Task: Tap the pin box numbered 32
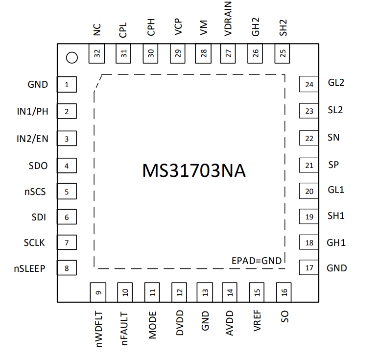[x=96, y=53]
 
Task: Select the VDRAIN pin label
[x=228, y=19]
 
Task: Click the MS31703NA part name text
[x=194, y=171]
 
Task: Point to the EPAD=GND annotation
[x=257, y=261]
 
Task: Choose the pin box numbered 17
[x=309, y=267]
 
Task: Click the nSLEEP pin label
[x=30, y=268]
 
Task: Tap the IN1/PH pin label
[x=32, y=111]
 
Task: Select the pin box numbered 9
[x=98, y=292]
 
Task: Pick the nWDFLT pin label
[x=99, y=329]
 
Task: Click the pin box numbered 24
[x=309, y=84]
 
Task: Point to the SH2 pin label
[x=283, y=28]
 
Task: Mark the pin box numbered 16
[x=283, y=292]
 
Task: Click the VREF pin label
[x=257, y=321]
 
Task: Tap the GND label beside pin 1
[x=38, y=84]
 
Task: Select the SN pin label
[x=333, y=138]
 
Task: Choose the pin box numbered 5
[x=67, y=191]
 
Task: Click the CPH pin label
[x=151, y=27]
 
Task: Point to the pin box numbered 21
[x=309, y=165]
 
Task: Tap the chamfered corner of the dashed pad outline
[x=98, y=83]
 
